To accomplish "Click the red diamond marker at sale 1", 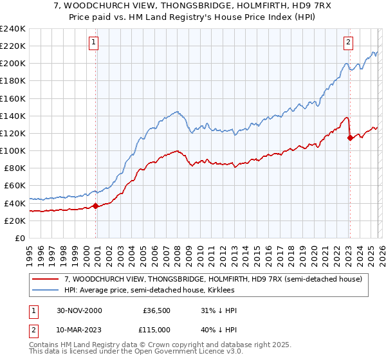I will coord(96,206).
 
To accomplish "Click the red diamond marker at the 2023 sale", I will coord(349,138).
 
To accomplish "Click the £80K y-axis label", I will coord(15,168).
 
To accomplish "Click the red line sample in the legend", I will coord(46,279).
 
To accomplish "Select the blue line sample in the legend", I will coord(46,290).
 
